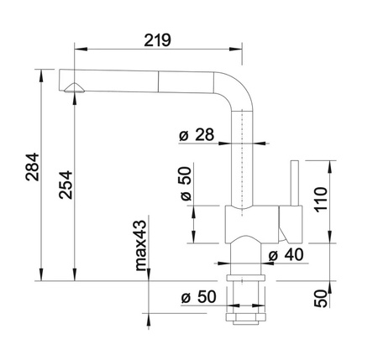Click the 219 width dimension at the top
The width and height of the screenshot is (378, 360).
point(157,40)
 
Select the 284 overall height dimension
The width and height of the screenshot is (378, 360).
point(33,167)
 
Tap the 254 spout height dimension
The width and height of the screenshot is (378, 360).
point(66,185)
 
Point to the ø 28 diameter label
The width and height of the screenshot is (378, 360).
point(197,134)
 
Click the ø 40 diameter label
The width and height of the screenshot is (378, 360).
point(286,254)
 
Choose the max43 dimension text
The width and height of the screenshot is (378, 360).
point(141,246)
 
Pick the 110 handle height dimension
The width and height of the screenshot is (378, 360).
point(321,200)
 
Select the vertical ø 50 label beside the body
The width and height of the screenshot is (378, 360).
point(186,184)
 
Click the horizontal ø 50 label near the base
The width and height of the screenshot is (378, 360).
point(198,297)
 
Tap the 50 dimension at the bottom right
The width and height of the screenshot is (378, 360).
point(321,299)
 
